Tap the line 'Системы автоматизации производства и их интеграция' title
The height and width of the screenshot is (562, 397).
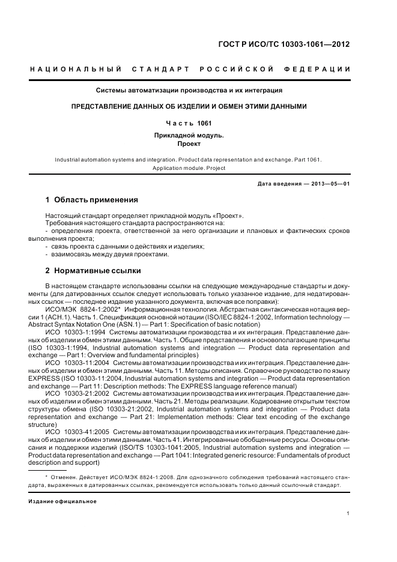coord(190,91)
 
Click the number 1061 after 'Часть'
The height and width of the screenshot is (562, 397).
coord(204,123)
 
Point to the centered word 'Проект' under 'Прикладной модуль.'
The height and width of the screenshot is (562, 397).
coord(189,144)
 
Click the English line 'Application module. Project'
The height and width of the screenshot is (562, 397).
coord(189,168)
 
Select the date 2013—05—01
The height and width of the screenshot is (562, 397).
coord(329,183)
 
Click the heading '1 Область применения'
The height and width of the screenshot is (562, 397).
coord(92,200)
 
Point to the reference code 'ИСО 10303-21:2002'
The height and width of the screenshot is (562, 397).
coord(78,393)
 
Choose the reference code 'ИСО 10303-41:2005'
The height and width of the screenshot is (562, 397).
coord(78,432)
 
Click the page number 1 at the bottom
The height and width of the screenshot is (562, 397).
coord(348,513)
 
